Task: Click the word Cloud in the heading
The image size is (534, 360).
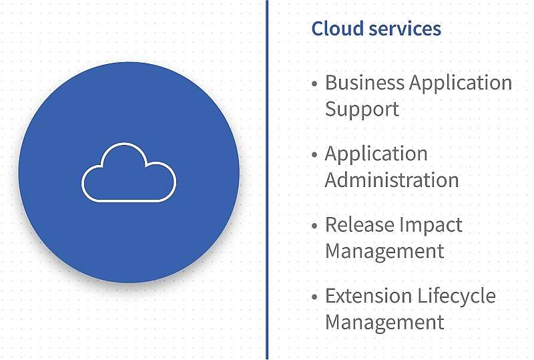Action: point(338,28)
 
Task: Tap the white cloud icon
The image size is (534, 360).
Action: point(129,172)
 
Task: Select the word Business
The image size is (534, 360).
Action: point(364,83)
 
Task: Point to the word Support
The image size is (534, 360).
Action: point(362,110)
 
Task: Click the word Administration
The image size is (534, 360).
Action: point(392,180)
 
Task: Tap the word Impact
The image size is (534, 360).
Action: point(431,226)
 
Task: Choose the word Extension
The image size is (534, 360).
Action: point(368,296)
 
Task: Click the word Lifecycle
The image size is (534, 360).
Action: point(457,297)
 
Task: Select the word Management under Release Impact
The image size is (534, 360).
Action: point(385,252)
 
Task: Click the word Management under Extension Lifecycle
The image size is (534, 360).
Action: point(385,323)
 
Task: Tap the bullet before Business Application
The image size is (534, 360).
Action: point(314,83)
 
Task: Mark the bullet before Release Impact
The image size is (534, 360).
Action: point(314,225)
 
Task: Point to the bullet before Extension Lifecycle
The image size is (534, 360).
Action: point(314,297)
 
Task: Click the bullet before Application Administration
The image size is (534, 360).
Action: point(314,154)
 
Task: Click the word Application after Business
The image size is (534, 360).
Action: point(461,83)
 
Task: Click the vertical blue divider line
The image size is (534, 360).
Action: point(267,180)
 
